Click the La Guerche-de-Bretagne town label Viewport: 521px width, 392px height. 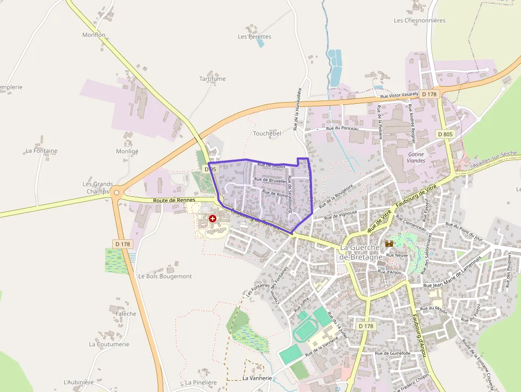(x=360, y=252)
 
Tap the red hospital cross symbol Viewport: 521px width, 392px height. (x=213, y=219)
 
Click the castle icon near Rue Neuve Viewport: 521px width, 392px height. (x=389, y=243)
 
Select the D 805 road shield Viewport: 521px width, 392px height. (x=446, y=134)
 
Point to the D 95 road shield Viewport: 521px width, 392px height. (x=211, y=169)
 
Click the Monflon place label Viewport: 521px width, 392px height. (x=94, y=35)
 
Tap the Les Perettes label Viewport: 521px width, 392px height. (x=254, y=37)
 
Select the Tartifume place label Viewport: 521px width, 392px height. (x=212, y=79)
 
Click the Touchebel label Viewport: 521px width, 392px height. (x=267, y=134)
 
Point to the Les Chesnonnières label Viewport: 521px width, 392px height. (x=419, y=20)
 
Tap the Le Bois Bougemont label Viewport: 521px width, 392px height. (x=165, y=277)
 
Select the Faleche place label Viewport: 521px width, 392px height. (x=125, y=314)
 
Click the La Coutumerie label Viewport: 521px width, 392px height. (x=109, y=344)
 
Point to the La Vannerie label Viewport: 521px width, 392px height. (x=257, y=378)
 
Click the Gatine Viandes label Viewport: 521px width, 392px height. (x=416, y=156)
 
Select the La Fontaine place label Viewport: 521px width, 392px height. (x=41, y=151)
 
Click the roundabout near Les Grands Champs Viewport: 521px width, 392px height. (x=116, y=193)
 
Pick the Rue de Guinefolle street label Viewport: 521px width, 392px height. (x=393, y=353)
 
